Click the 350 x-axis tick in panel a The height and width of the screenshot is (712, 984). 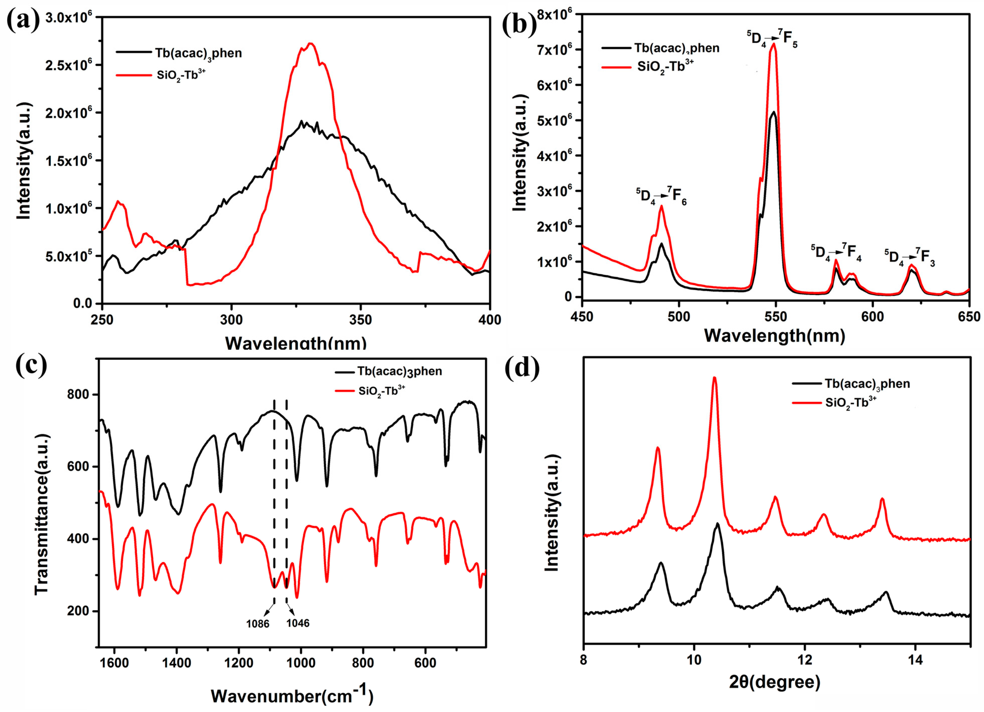pos(360,320)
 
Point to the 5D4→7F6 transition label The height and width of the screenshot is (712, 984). pos(661,196)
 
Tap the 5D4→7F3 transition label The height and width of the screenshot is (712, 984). pos(910,257)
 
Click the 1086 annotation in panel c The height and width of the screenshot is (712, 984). pos(258,624)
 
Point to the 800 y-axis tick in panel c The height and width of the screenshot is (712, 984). pos(78,395)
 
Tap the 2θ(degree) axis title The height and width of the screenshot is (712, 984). pos(774,682)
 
